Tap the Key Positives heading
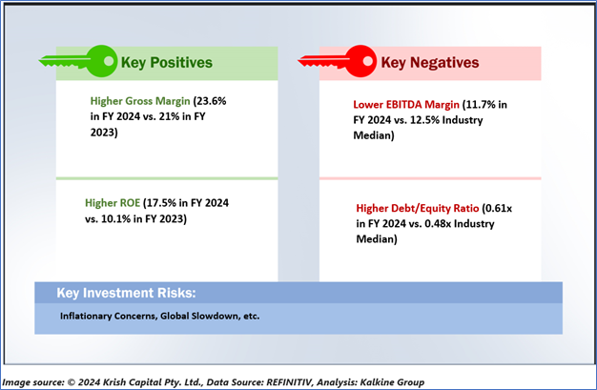[x=166, y=63]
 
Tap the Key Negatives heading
[x=430, y=63]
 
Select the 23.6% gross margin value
[x=212, y=101]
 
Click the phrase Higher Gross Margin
[x=140, y=101]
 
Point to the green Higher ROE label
[x=113, y=202]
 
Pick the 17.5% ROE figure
[x=161, y=202]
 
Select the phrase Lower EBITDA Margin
[x=406, y=104]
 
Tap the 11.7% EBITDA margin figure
[x=481, y=104]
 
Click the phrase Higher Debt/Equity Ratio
[x=418, y=208]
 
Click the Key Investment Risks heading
[x=126, y=293]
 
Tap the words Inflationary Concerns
[x=108, y=317]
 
